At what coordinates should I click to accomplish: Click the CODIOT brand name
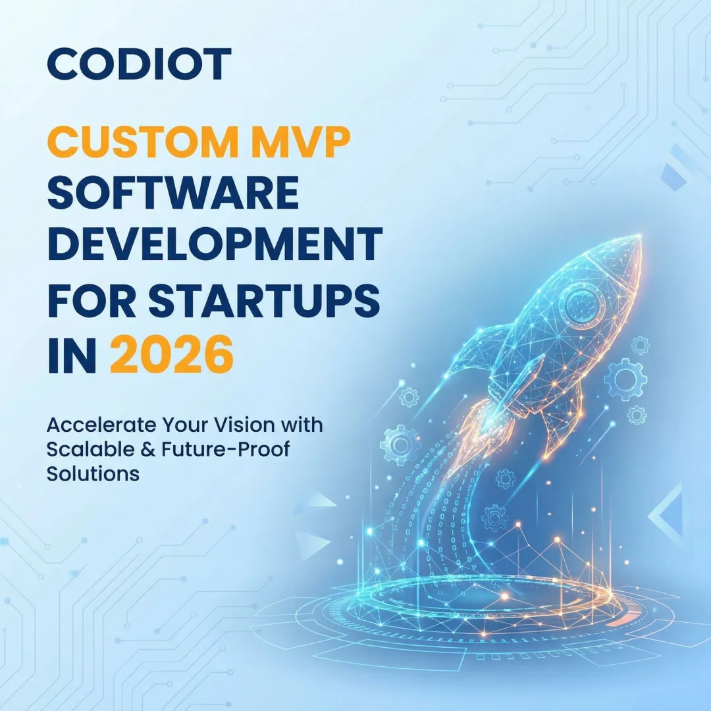point(140,64)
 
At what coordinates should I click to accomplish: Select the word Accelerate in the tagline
point(100,426)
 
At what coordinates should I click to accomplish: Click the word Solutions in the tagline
point(93,473)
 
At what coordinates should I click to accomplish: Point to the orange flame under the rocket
point(484,428)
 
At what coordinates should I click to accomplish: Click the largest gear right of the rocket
point(625,380)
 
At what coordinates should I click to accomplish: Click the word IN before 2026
point(72,355)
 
